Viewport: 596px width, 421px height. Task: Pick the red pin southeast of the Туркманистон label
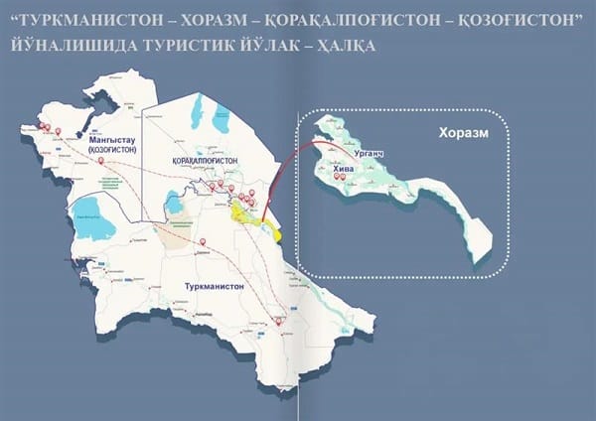pyautogui.click(x=279, y=320)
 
